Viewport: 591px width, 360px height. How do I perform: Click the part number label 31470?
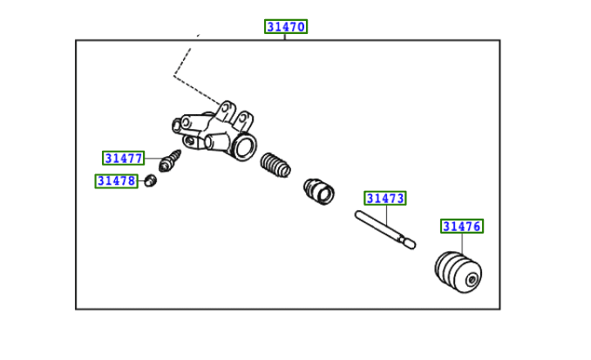point(286,27)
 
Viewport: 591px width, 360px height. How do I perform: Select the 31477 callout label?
point(123,158)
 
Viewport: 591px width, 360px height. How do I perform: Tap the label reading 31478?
point(116,180)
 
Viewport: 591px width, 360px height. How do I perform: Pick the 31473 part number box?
point(384,199)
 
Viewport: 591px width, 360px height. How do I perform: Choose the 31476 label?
point(461,226)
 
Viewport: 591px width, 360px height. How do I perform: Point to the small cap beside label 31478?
point(150,180)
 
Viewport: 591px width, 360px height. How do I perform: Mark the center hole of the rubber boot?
point(472,280)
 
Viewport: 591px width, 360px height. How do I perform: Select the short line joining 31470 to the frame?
point(286,37)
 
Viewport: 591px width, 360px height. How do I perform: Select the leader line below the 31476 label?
point(461,244)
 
